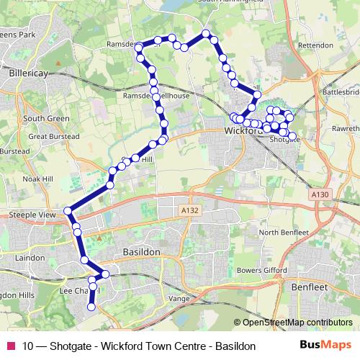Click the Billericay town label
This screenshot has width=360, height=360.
point(29,73)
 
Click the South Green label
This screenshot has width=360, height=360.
point(40,118)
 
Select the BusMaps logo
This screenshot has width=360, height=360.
point(325,345)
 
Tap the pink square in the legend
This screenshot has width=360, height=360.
point(10,346)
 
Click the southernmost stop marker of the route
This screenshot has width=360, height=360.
point(91,307)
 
